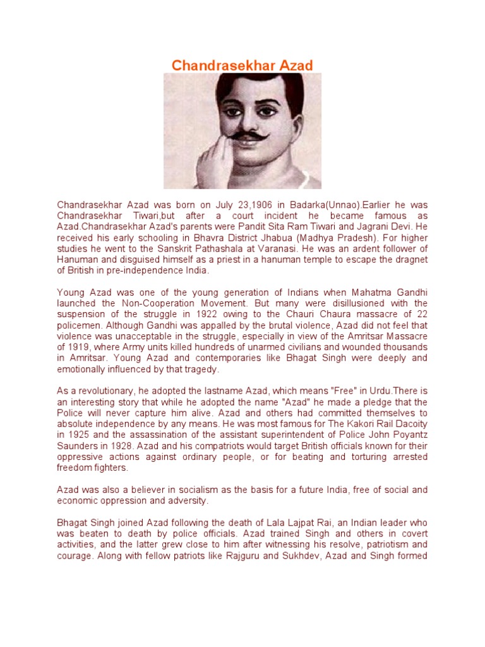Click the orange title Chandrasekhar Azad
(242, 65)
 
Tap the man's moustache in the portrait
(243, 135)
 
